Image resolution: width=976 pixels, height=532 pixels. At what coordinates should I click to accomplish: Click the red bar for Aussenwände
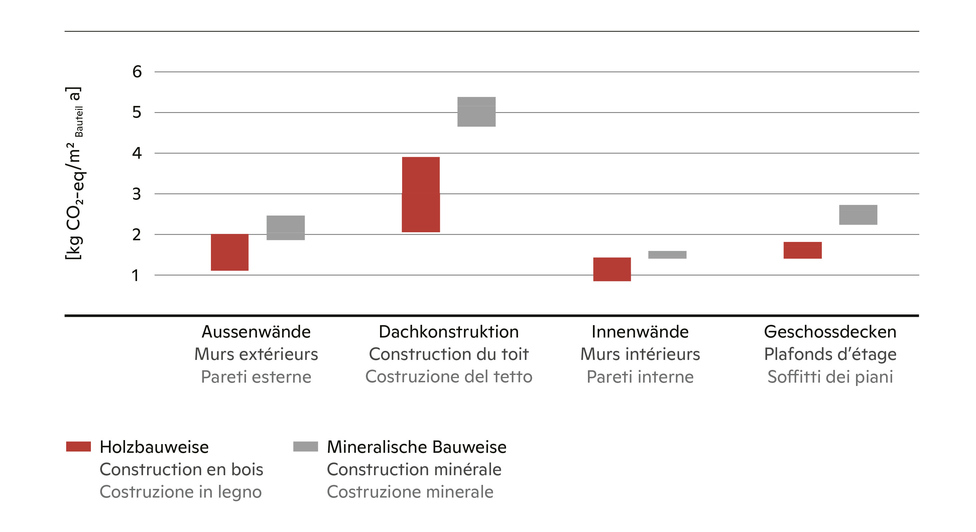(230, 252)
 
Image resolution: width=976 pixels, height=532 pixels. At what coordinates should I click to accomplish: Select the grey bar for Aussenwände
(285, 227)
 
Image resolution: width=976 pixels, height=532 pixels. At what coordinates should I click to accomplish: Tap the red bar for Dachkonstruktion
(420, 194)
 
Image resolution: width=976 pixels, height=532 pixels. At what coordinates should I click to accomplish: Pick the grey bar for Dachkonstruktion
(476, 112)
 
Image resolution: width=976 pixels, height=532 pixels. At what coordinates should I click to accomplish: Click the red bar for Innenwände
(612, 269)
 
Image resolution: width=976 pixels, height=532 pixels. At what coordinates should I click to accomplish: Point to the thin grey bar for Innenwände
(667, 255)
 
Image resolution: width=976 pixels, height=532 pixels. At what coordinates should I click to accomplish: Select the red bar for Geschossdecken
(803, 250)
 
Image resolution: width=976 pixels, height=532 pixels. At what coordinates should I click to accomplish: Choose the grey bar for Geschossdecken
(858, 215)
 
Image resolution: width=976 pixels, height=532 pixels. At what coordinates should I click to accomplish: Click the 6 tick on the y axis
(137, 72)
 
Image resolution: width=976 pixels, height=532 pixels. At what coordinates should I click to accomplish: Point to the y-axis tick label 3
(136, 194)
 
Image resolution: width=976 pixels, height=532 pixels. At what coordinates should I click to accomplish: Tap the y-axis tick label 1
(135, 275)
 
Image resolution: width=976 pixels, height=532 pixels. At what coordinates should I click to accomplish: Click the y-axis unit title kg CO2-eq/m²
(74, 173)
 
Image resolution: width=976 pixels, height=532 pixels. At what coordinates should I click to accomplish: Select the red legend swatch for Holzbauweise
(79, 446)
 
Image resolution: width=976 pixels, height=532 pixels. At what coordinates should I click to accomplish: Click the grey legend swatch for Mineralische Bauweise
(306, 446)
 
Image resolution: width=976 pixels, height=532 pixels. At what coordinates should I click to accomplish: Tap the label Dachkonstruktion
(449, 331)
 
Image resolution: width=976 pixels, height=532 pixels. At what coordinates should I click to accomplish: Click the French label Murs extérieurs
(256, 354)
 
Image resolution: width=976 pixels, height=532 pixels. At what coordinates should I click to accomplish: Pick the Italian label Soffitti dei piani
(830, 377)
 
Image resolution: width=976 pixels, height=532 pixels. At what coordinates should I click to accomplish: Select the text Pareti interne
(640, 377)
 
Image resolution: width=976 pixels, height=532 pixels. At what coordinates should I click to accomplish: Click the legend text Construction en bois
(181, 469)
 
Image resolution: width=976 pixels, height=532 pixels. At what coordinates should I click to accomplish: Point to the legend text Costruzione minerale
(410, 492)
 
